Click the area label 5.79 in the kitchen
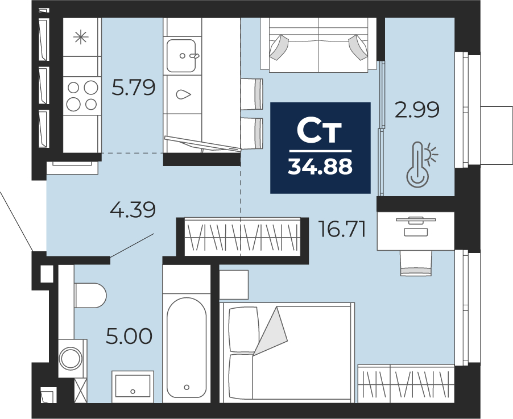(134, 88)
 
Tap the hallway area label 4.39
(133, 210)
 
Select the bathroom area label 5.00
(129, 337)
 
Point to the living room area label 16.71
(342, 229)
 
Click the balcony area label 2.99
(417, 110)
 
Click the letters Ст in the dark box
(319, 132)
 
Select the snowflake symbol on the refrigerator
(81, 37)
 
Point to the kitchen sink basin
(181, 56)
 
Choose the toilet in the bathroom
(90, 296)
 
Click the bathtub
(187, 348)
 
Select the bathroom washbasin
(133, 387)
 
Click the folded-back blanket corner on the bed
(271, 331)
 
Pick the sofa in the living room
(318, 44)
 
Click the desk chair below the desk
(416, 263)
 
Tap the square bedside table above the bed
(234, 285)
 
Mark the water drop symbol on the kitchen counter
(184, 94)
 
